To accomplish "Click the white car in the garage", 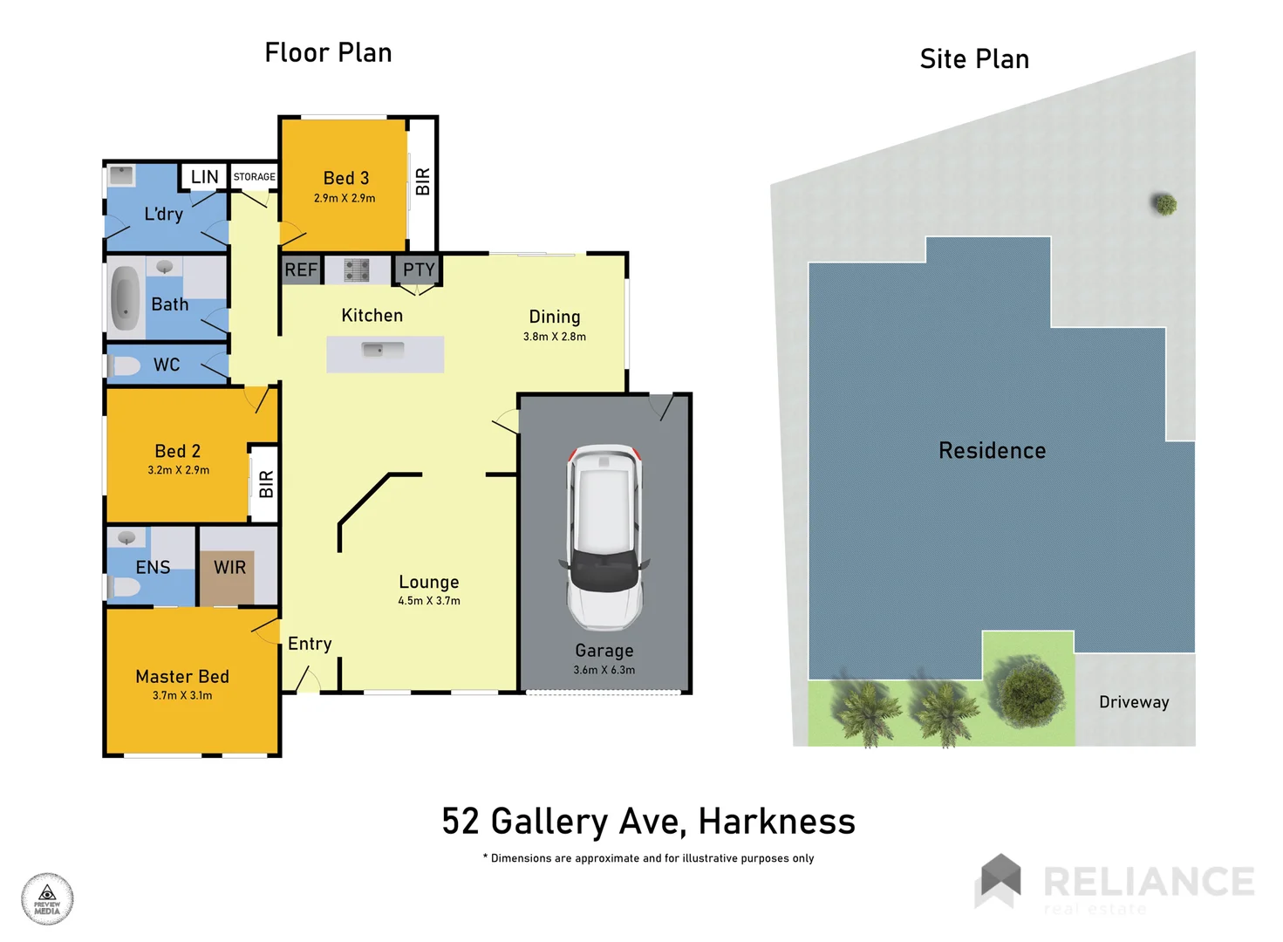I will tap(604, 536).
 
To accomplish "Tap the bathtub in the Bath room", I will tap(126, 298).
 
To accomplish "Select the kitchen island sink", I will tap(383, 351).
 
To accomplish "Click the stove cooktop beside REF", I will tap(357, 270).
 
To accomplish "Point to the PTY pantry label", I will tap(419, 270).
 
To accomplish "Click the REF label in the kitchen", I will tap(301, 270).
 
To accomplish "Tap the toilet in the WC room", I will tap(126, 365).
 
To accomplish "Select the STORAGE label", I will tap(254, 177).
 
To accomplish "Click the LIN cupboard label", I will tap(205, 177).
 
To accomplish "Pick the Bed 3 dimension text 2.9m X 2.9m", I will tap(345, 198).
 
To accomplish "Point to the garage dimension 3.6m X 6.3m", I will tap(604, 670).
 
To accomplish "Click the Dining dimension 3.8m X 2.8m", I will tap(554, 337).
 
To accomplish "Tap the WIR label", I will tap(230, 568).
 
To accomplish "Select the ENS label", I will tap(153, 568).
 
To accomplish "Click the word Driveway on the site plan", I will tap(1134, 702).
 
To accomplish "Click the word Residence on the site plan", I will tap(992, 451).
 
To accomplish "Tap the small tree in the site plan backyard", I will tap(1164, 204).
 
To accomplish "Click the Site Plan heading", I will tap(974, 59).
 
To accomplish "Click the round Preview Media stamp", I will tap(47, 898).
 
